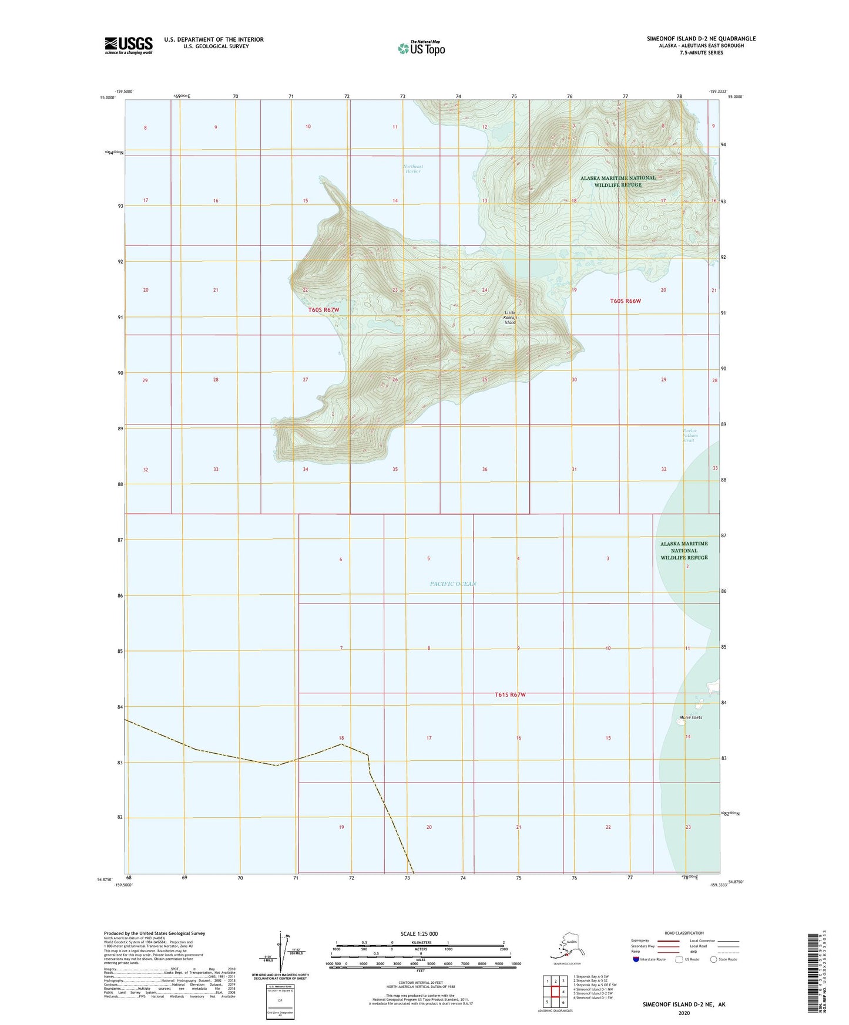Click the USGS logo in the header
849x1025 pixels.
click(x=128, y=45)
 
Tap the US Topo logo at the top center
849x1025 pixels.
click(x=421, y=48)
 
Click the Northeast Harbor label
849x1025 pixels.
click(x=413, y=168)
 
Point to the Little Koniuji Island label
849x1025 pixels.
click(x=509, y=318)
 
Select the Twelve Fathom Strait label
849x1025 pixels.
click(x=688, y=435)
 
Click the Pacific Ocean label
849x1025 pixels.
click(x=453, y=584)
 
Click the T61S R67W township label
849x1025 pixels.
click(x=510, y=694)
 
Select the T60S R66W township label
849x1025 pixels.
click(x=625, y=301)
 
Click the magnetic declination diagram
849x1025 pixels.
click(x=281, y=955)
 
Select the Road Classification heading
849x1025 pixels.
click(x=683, y=933)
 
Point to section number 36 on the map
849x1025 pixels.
click(x=485, y=469)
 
